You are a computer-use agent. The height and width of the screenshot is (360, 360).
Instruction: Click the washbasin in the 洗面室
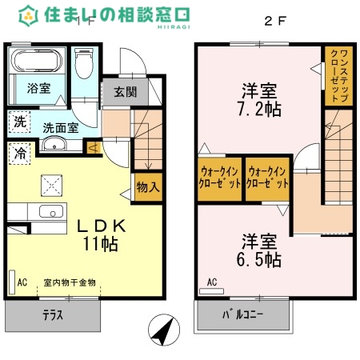[x=54, y=144]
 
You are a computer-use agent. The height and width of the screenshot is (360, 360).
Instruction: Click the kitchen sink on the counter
[x=50, y=212]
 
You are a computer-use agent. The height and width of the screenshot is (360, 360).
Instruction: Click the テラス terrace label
[x=52, y=314]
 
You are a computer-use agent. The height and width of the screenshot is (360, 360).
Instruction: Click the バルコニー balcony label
[x=242, y=314]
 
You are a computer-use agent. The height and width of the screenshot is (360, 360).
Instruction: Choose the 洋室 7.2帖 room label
[x=261, y=99]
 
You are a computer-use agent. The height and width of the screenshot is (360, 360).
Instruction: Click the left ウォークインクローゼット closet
[x=218, y=178]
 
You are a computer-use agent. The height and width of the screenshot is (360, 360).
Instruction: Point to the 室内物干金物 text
[x=70, y=282]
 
